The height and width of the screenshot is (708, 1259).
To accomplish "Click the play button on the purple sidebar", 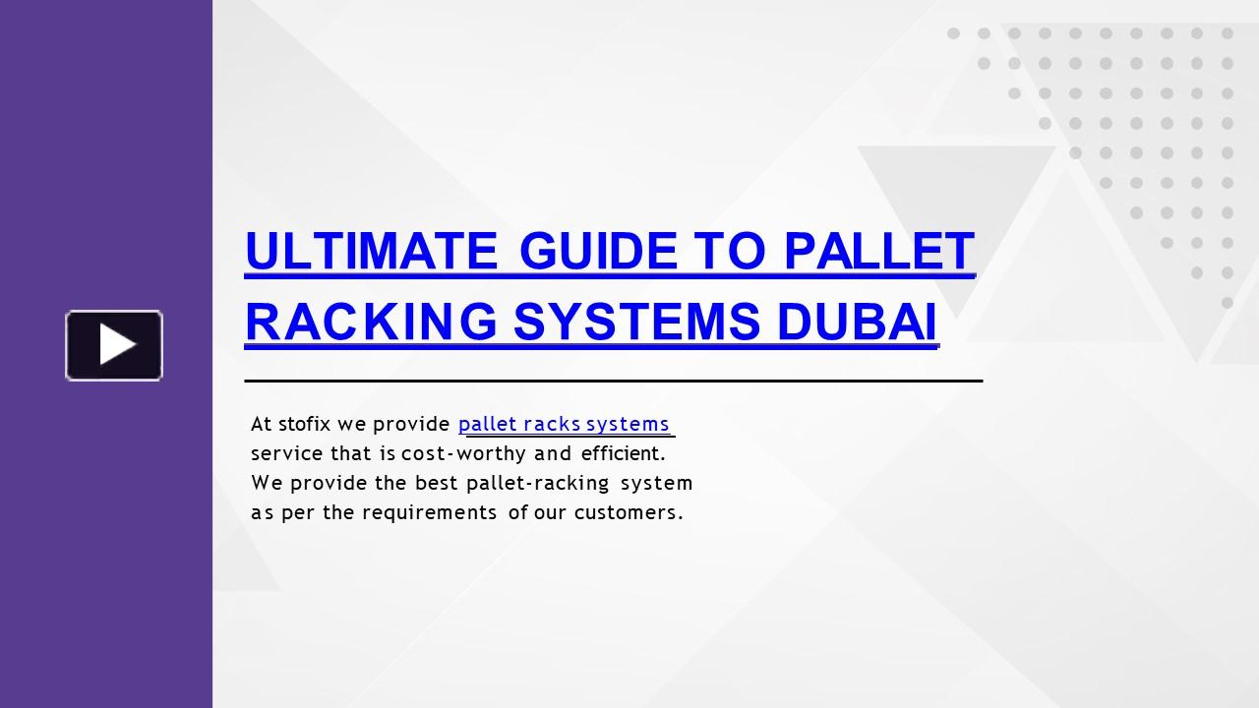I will (114, 345).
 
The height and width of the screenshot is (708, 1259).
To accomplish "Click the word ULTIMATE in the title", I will (372, 251).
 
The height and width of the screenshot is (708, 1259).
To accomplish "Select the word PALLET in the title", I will (879, 251).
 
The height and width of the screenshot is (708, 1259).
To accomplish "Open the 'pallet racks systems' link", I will (564, 424).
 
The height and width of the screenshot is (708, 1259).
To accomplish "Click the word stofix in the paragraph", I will (304, 424).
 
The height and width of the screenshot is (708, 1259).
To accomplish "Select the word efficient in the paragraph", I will (623, 453).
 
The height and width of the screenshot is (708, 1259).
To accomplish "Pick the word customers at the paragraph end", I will (628, 512).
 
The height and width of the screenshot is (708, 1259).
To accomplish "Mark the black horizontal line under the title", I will (613, 380).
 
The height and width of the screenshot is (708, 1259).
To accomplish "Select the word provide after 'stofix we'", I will (411, 424).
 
